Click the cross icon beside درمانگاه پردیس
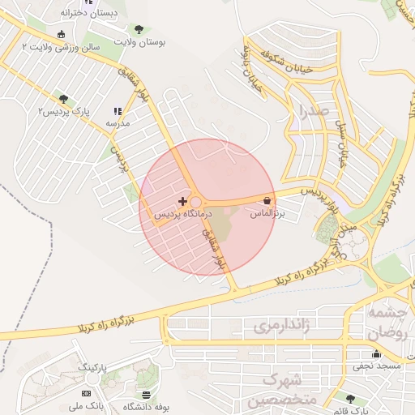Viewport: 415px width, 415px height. point(182,200)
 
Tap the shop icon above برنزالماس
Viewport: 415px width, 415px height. point(267,199)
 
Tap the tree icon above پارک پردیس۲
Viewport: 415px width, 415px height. point(63,99)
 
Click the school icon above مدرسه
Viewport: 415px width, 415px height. point(118,111)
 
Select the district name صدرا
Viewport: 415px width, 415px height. point(312,109)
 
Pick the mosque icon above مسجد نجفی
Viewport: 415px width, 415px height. point(375,353)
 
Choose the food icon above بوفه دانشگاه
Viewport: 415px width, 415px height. point(146,395)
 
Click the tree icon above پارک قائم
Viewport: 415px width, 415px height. point(349,399)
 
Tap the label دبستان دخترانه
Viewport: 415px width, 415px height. point(89,14)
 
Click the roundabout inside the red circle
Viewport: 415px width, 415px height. point(196,202)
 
